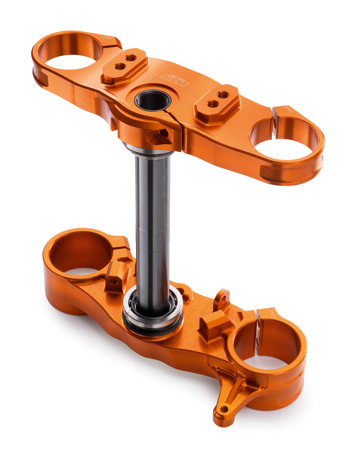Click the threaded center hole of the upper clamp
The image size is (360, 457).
coord(153,101)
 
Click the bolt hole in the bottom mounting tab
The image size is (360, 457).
coord(224,409)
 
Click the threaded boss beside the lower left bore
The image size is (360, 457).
coord(114,281)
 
